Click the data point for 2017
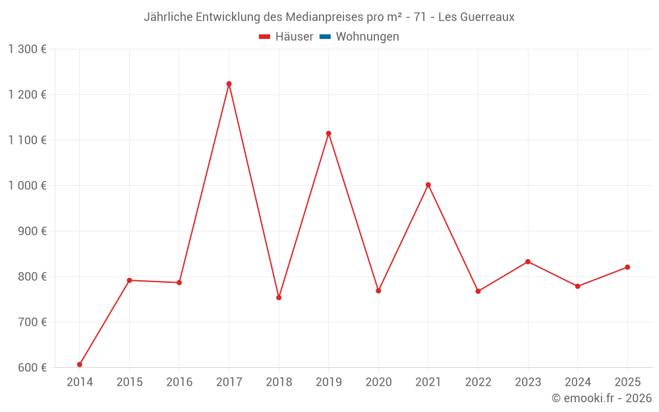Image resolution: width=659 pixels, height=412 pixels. coord(229,84)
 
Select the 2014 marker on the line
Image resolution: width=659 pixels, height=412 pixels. coord(80,365)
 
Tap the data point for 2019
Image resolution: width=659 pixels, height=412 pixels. coord(328,133)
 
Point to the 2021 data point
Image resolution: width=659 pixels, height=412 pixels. coord(428,185)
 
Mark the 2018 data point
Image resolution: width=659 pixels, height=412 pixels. coord(279,297)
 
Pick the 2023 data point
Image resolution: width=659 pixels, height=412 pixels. coord(528,262)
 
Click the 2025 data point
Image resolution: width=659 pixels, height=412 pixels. coord(627,267)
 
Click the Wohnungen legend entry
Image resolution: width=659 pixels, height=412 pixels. coord(367,37)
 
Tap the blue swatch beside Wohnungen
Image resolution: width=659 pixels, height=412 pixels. coord(325,37)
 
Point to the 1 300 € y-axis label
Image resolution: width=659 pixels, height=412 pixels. coord(28,49)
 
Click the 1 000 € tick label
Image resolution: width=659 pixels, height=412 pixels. coord(28,185)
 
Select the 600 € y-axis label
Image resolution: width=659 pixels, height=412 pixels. coord(33,367)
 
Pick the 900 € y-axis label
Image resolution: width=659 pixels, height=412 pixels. coord(33,231)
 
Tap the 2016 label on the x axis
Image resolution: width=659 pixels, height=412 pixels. coord(179,382)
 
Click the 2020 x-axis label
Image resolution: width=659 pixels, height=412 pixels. coord(378,382)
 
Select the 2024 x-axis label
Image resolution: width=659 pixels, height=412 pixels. coord(577,382)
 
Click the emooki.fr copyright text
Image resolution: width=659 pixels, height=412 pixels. coord(602,398)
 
